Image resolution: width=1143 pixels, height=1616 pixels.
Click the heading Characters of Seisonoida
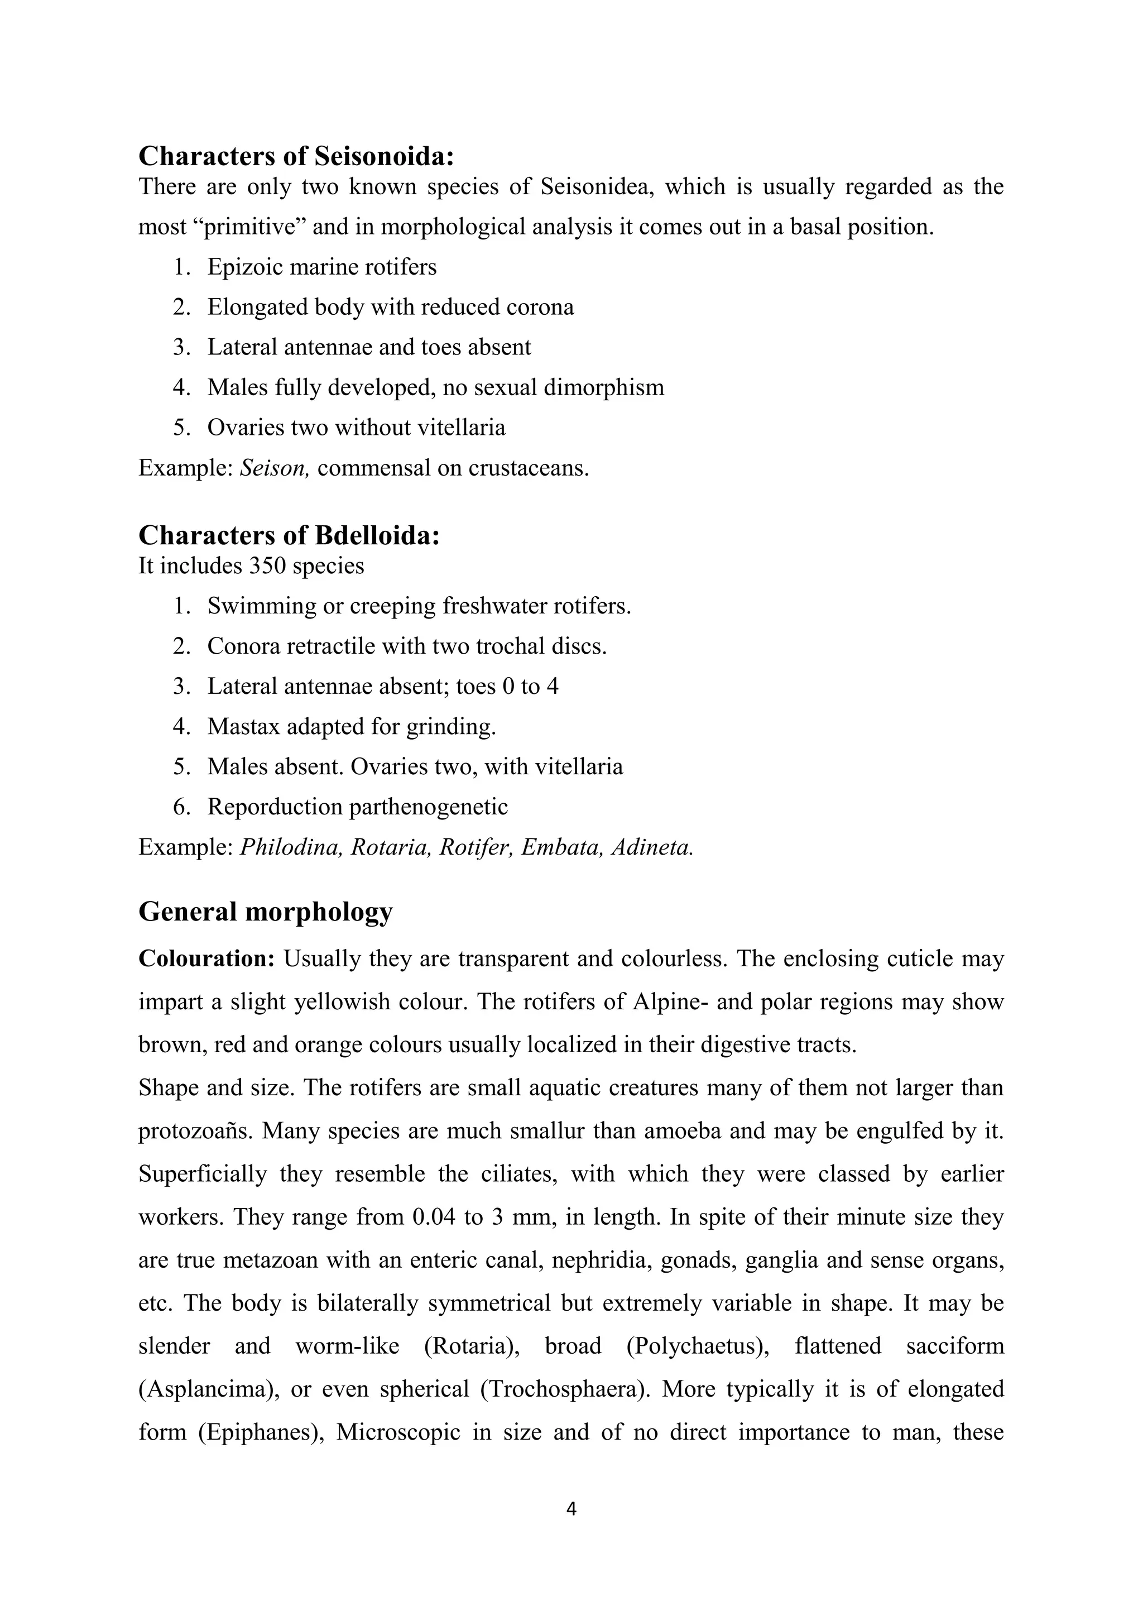click(296, 156)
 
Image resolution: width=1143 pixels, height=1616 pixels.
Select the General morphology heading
click(265, 912)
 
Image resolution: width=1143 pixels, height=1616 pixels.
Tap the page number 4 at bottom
click(571, 1508)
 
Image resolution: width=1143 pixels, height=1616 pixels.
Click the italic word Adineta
click(652, 847)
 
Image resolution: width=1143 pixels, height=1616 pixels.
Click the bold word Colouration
click(206, 958)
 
